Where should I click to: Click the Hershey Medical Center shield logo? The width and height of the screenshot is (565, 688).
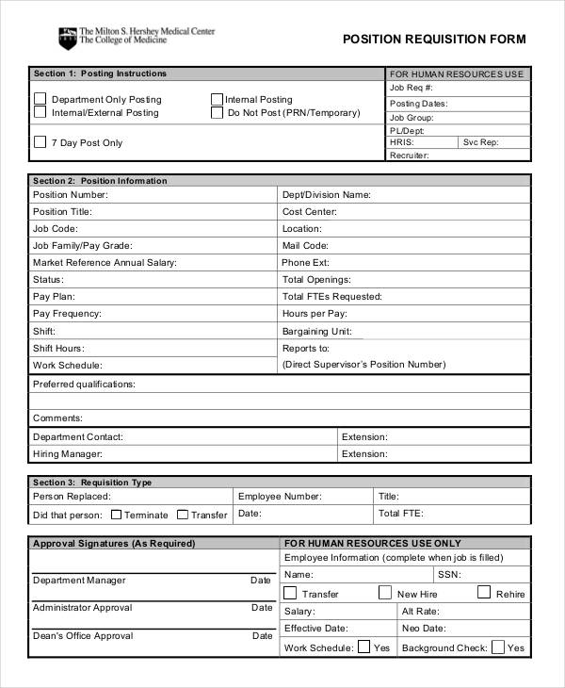66,38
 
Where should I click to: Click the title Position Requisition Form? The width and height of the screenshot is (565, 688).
433,40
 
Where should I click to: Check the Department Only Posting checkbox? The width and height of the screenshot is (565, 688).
40,99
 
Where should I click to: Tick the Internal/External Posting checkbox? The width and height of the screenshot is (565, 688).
40,112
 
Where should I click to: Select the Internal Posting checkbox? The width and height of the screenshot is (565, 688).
217,99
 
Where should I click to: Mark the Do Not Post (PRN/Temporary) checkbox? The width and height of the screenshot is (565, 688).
217,112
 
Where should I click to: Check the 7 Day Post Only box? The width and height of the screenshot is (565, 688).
40,142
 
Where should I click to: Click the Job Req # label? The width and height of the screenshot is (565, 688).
411,88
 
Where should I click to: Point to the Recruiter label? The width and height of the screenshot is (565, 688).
410,156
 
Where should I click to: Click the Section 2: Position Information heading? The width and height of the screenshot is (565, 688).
100,181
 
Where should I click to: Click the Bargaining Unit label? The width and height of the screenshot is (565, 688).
317,332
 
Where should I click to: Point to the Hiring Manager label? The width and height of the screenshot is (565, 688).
67,454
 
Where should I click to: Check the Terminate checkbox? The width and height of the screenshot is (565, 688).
116,515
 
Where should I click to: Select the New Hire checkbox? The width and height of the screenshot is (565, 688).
385,593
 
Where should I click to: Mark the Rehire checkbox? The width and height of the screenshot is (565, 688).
484,593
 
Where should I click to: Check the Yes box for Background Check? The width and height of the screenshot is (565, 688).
498,647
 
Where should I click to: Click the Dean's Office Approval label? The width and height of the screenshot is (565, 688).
83,636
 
